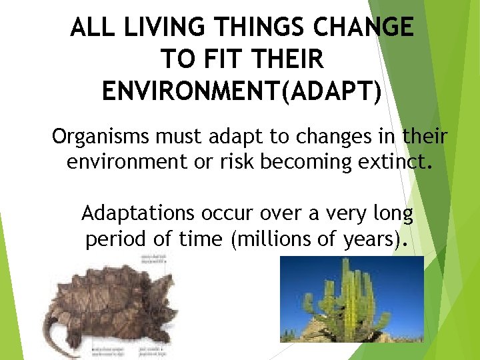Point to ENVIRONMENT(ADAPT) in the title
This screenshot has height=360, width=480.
click(x=242, y=91)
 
